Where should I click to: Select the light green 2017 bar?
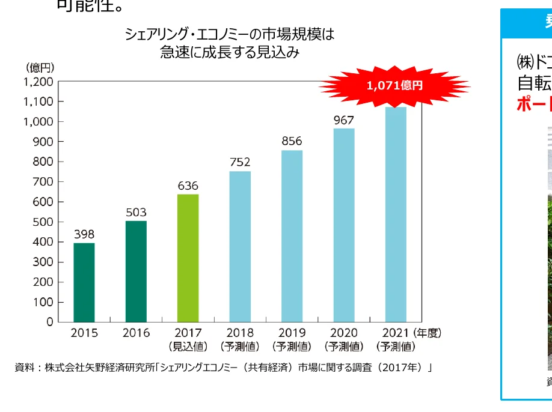(x=188, y=258)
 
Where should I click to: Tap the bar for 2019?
(x=292, y=235)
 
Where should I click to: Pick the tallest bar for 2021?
(x=396, y=214)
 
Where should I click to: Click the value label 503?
(x=136, y=213)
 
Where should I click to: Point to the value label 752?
(x=240, y=162)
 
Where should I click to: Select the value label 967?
(x=343, y=120)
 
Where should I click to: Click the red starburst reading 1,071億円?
(x=394, y=85)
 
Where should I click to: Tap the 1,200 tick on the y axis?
(x=38, y=82)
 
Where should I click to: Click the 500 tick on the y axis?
(x=42, y=222)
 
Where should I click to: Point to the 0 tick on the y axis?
(x=49, y=322)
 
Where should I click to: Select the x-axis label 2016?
(x=136, y=333)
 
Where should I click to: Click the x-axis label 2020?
(x=343, y=333)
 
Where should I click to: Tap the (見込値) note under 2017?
(x=188, y=347)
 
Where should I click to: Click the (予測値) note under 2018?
(x=240, y=347)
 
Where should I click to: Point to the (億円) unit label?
(x=40, y=67)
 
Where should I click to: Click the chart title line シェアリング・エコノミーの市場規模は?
(x=229, y=34)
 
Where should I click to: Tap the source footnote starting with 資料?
(x=223, y=367)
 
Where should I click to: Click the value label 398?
(x=84, y=234)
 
